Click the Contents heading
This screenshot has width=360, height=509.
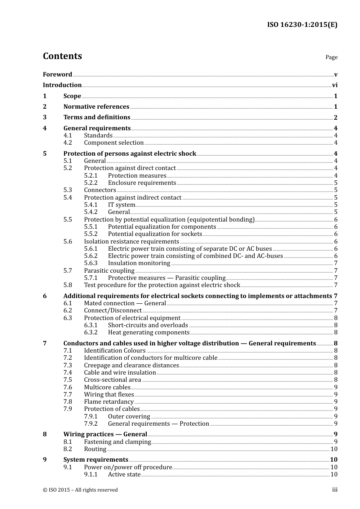point(62,56)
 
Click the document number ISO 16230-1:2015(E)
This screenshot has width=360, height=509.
point(302,25)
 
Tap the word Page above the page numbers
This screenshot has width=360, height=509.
point(331,57)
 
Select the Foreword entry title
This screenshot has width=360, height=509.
point(57,75)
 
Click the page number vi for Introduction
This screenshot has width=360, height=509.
point(335,85)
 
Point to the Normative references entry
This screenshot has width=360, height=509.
point(96,107)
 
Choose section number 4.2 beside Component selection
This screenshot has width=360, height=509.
point(67,143)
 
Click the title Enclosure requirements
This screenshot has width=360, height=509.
point(142,183)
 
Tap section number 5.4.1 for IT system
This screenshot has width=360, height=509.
point(91,205)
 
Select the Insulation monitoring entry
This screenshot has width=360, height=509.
point(139,263)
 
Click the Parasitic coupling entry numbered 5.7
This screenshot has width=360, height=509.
point(109,271)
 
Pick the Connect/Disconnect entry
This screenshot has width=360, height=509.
point(113,311)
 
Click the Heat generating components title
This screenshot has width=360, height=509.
point(149,333)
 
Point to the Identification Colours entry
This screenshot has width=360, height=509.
point(114,351)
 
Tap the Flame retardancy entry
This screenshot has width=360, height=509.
point(109,402)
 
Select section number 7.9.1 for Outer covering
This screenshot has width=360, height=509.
point(91,417)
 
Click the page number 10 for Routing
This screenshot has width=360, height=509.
point(334,449)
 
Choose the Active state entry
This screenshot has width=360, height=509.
point(124,475)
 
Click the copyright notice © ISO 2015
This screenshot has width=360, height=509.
point(80,490)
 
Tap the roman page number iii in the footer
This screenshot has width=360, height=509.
point(335,490)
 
